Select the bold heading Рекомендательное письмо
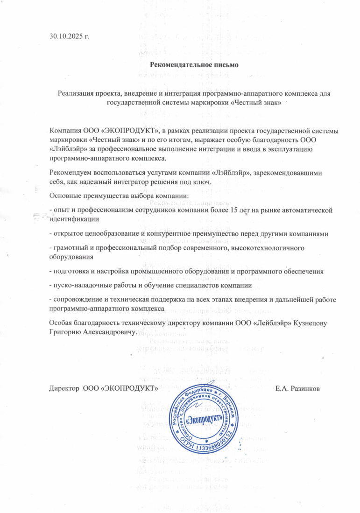point(194,65)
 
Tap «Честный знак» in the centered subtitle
point(256,102)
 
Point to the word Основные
point(64,195)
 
